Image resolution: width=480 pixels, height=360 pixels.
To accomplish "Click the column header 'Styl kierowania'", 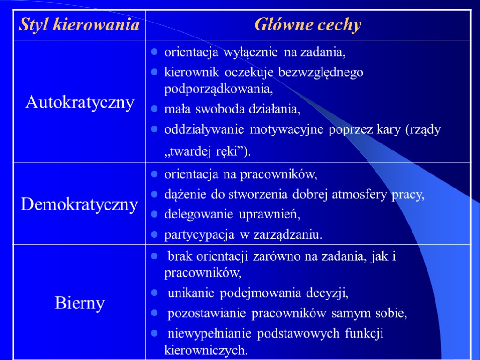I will pos(79,25).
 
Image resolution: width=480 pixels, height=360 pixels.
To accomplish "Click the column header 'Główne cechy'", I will pos(308,25).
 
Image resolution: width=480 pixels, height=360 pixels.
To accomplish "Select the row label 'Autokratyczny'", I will pos(80,102).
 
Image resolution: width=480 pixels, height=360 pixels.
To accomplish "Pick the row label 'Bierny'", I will pos(80,303).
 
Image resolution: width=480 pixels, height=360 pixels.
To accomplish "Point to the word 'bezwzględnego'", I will pos(321,73).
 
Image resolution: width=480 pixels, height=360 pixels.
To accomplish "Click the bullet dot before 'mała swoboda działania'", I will pos(154,110).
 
